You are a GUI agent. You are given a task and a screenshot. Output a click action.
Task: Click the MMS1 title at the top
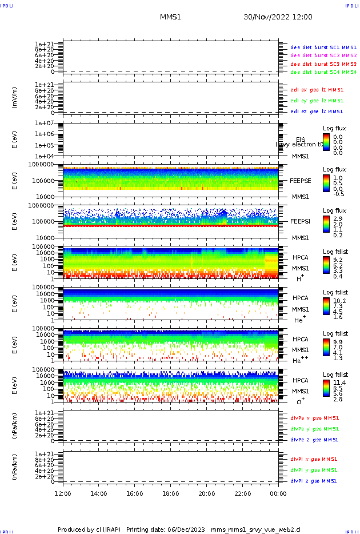pyautogui.click(x=170, y=17)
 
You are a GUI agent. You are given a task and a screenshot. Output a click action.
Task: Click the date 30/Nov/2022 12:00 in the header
pyautogui.click(x=278, y=17)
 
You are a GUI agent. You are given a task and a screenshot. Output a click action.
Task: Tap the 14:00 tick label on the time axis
pyautogui.click(x=99, y=493)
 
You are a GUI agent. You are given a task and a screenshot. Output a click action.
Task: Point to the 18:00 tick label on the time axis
pyautogui.click(x=171, y=493)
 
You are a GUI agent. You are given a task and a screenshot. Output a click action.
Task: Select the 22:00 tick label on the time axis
pyautogui.click(x=243, y=493)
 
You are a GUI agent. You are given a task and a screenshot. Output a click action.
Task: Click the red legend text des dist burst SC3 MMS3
pyautogui.click(x=323, y=64)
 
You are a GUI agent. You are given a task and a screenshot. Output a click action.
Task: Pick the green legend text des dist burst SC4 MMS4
pyautogui.click(x=323, y=73)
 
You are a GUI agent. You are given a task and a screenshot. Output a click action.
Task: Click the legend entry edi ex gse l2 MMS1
pyautogui.click(x=317, y=90)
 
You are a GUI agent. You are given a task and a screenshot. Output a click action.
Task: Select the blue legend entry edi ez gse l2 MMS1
pyautogui.click(x=317, y=111)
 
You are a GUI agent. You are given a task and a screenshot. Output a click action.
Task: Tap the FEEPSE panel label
pyautogui.click(x=301, y=181)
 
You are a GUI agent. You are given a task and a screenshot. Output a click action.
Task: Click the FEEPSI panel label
pyautogui.click(x=301, y=221)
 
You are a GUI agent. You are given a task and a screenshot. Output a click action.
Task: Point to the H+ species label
pyautogui.click(x=299, y=278)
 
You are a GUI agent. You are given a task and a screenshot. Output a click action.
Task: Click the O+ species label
pyautogui.click(x=300, y=401)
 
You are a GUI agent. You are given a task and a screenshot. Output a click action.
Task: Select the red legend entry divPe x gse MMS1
pyautogui.click(x=314, y=418)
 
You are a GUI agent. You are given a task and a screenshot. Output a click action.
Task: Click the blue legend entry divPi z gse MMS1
pyautogui.click(x=314, y=481)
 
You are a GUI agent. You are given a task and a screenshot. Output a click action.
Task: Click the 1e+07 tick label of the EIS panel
pyautogui.click(x=44, y=123)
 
